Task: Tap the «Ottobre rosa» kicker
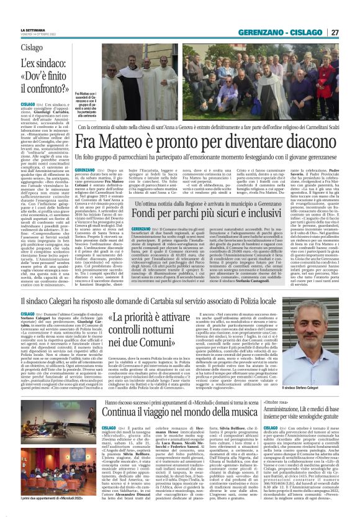click(300, 386)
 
